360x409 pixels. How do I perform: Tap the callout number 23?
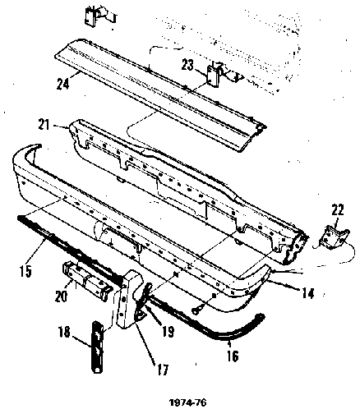187,66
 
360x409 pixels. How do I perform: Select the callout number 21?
44,125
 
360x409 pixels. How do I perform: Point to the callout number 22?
337,211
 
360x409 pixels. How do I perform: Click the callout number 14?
307,293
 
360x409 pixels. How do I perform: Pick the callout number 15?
25,271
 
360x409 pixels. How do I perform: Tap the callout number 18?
65,333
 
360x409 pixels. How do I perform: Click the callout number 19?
168,332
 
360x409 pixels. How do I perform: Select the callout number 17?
162,370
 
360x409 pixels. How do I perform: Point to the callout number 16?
232,356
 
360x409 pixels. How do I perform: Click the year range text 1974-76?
187,402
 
